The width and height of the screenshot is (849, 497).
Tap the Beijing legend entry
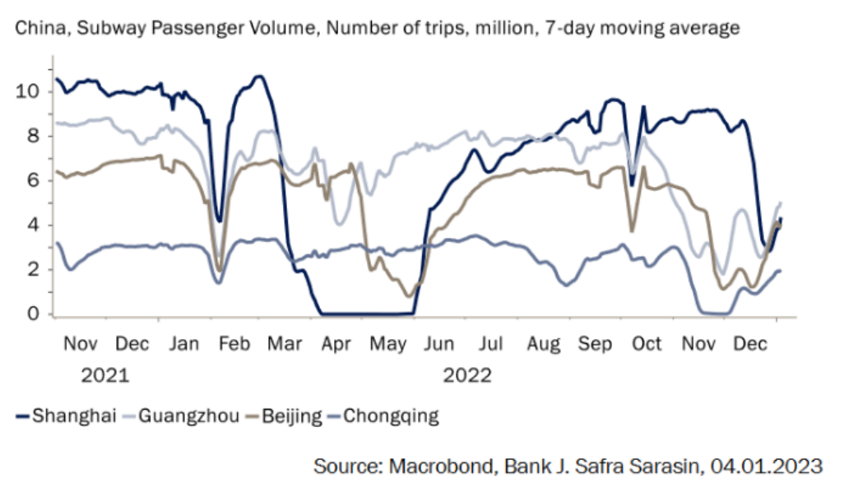point(292,416)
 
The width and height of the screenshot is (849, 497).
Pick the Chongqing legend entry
point(391,416)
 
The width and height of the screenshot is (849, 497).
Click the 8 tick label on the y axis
point(33,136)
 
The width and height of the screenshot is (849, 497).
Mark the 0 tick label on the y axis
point(33,314)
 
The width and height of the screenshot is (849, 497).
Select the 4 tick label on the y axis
point(33,225)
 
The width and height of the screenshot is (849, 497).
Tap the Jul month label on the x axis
point(492,344)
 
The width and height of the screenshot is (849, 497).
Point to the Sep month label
point(595,344)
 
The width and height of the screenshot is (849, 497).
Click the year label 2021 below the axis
point(105,376)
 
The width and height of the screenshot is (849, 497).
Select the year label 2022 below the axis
point(467,376)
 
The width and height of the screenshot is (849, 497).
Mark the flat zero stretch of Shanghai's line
point(366,314)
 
